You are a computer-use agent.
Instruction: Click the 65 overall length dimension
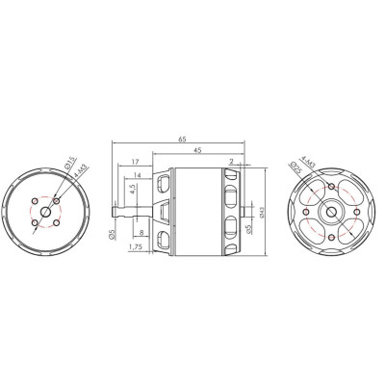pos(183,140)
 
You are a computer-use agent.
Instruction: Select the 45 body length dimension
pos(197,150)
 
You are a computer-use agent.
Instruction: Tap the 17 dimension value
pos(135,161)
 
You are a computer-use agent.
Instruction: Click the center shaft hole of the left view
pos(48,211)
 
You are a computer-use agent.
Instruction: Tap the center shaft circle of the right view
pos(327,209)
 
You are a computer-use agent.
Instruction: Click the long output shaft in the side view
pos(130,210)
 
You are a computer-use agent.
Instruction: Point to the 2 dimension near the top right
pos(232,161)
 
